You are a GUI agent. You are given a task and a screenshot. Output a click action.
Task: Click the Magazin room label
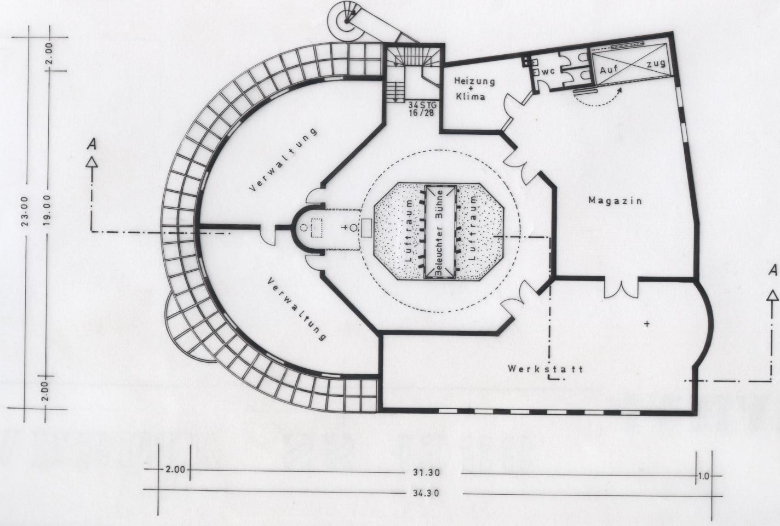[615, 201]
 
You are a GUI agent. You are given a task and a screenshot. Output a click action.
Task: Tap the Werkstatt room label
[545, 369]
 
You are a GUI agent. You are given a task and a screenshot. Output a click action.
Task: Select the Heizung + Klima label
[474, 88]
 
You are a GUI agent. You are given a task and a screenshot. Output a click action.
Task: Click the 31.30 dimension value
[427, 473]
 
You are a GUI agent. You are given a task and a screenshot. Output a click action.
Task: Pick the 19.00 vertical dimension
[47, 210]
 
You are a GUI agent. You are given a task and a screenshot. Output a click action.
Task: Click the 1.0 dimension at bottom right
[704, 476]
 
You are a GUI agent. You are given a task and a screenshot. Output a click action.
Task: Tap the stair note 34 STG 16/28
[422, 108]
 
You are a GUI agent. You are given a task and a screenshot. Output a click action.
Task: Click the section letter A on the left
[91, 144]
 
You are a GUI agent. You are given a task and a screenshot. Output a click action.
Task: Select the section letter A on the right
[773, 270]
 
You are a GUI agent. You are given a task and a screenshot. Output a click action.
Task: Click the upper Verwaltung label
[283, 160]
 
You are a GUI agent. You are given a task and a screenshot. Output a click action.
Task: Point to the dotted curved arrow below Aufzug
[597, 99]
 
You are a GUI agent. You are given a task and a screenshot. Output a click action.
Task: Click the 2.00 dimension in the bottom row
[175, 469]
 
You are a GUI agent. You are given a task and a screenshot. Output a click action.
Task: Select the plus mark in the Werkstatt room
[647, 324]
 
